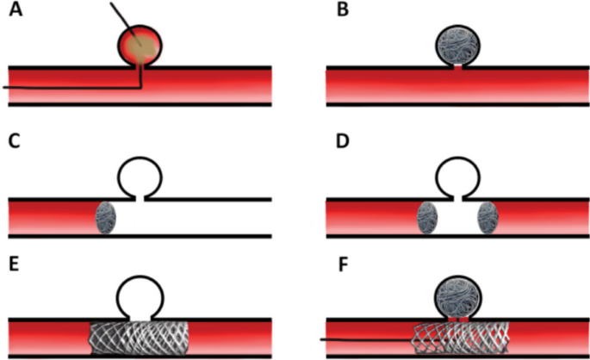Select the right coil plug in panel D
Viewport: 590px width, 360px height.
(488, 217)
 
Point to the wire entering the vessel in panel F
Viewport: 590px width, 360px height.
(362, 340)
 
